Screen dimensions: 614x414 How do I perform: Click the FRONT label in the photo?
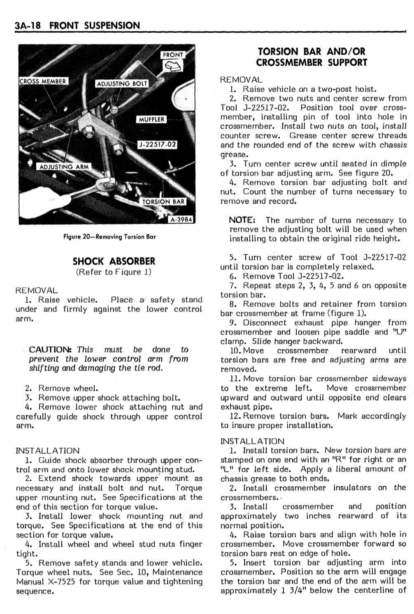[x=173, y=55]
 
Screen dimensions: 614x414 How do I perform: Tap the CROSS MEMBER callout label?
[x=43, y=81]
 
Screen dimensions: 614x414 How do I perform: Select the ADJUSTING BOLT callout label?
[x=122, y=84]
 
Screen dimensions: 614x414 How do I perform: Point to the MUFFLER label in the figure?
[x=151, y=120]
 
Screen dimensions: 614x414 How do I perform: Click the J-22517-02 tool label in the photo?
[x=157, y=144]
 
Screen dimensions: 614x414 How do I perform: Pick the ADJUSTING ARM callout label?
[x=63, y=167]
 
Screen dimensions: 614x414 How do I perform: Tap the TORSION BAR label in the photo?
[x=163, y=202]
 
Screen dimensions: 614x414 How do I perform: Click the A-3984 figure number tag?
[x=181, y=220]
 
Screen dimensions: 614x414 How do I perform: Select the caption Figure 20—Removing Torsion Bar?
[x=109, y=237]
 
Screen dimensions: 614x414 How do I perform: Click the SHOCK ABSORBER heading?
[x=114, y=261]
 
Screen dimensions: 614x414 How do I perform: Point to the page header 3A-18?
[x=28, y=25]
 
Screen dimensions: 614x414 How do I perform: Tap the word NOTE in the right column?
[x=243, y=220]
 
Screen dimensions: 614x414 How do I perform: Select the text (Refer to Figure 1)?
[x=114, y=272]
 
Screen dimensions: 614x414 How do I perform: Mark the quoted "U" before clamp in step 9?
[x=400, y=332]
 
